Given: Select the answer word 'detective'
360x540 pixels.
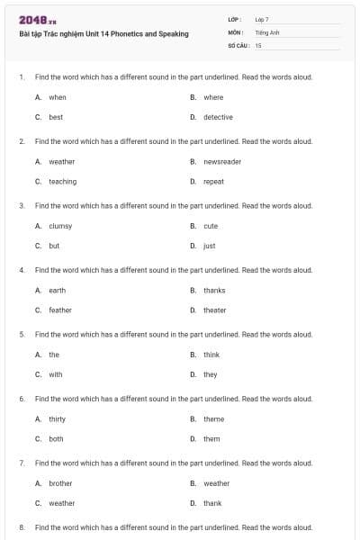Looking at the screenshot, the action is click(218, 117).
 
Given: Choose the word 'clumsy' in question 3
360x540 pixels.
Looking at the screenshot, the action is click(60, 226).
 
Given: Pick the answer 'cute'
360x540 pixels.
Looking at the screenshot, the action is click(211, 226).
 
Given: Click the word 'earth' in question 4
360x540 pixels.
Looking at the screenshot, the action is click(57, 291).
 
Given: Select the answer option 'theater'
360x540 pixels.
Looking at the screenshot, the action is click(215, 310).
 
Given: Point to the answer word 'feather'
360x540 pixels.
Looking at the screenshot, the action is click(60, 310).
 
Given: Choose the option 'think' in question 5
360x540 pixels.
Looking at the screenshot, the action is click(211, 355).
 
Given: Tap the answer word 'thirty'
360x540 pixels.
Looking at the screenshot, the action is click(57, 419).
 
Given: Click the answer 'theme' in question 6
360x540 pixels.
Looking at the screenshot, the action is click(213, 419).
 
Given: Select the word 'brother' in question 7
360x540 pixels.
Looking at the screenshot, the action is click(60, 483).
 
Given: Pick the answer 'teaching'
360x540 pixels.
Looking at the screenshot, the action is click(62, 182).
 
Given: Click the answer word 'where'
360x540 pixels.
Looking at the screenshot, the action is click(213, 97).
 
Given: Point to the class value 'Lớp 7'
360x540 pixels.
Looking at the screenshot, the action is click(262, 19).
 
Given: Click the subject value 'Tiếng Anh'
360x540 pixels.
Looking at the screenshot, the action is click(267, 31).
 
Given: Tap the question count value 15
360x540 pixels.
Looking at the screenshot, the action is click(258, 44).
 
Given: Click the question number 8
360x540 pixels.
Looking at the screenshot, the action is click(21, 527).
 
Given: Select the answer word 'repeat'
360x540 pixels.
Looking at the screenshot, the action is click(213, 182).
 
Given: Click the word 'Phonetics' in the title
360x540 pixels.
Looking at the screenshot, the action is click(126, 34).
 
